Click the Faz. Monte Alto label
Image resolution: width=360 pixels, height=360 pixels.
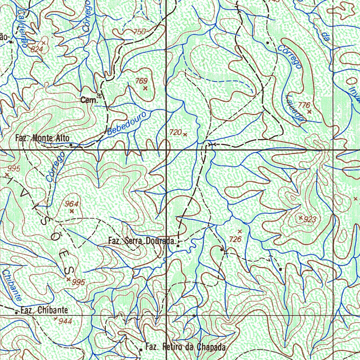43,138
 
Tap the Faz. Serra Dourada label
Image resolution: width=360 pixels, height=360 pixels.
142,241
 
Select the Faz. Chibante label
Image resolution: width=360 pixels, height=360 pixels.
44,310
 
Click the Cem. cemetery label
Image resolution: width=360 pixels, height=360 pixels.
89,100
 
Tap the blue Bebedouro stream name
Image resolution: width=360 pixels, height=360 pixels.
129,124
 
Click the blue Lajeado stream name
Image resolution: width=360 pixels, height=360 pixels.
295,109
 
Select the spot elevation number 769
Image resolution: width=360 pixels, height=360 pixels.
141,81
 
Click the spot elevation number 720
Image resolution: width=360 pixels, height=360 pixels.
175,132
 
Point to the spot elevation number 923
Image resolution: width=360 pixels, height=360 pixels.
310,220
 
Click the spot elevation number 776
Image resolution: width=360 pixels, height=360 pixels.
304,105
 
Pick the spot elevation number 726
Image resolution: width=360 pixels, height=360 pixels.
235,239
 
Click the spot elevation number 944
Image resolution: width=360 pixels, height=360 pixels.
65,321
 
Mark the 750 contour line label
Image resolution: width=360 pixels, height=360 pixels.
140,32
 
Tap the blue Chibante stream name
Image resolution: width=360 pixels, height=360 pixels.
11,285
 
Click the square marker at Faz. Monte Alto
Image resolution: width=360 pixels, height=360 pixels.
71,144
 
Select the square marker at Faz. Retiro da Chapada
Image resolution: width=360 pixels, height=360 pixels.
141,349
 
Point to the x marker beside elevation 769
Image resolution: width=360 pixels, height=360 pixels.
145,88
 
